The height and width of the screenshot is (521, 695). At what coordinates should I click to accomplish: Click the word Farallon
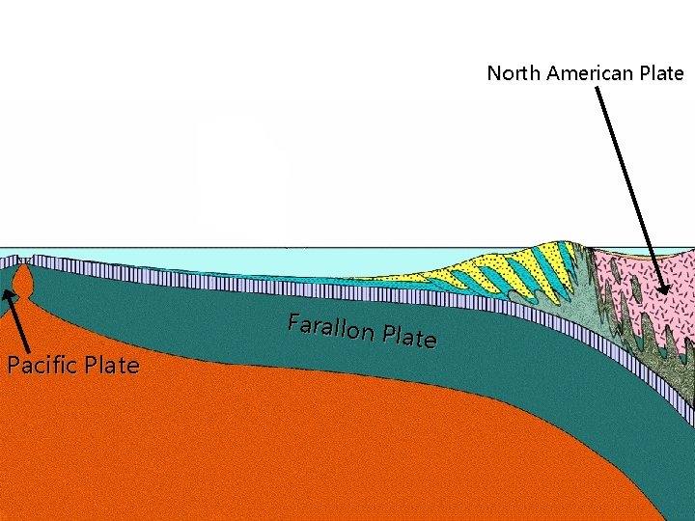click(331, 329)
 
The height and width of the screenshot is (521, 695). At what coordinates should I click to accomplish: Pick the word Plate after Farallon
click(409, 338)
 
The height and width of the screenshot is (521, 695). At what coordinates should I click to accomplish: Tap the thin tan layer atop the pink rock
click(637, 254)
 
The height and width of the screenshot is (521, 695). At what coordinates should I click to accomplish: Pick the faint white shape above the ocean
click(241, 174)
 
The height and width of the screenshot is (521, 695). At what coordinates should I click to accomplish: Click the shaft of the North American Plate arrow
click(627, 183)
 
